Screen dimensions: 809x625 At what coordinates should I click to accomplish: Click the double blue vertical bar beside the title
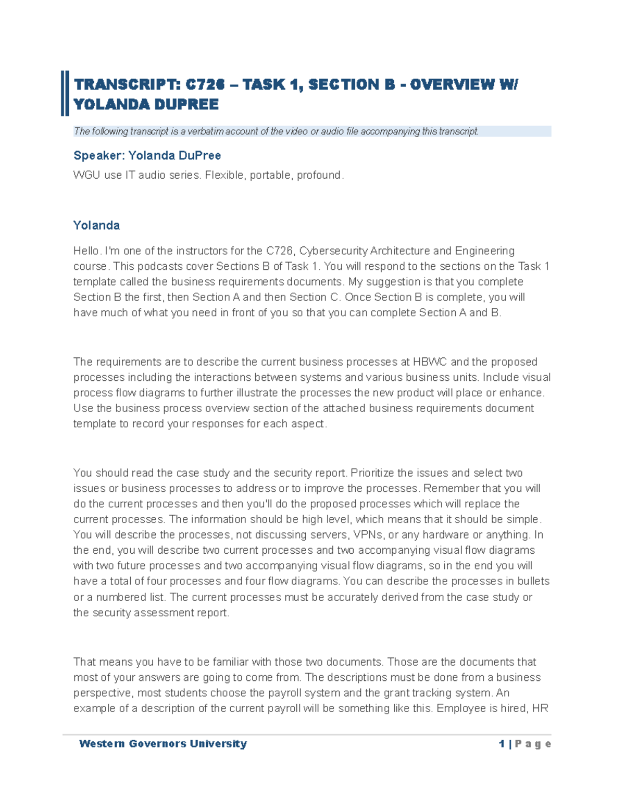tap(65, 94)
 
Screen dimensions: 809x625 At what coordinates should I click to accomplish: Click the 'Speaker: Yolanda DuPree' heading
tap(147, 155)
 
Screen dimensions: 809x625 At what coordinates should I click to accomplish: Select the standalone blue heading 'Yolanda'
tap(96, 225)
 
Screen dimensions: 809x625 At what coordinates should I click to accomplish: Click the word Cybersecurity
tap(333, 251)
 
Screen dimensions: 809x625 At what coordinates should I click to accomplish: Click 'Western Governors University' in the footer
tap(162, 744)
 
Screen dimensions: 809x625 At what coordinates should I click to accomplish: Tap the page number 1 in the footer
tap(502, 744)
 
